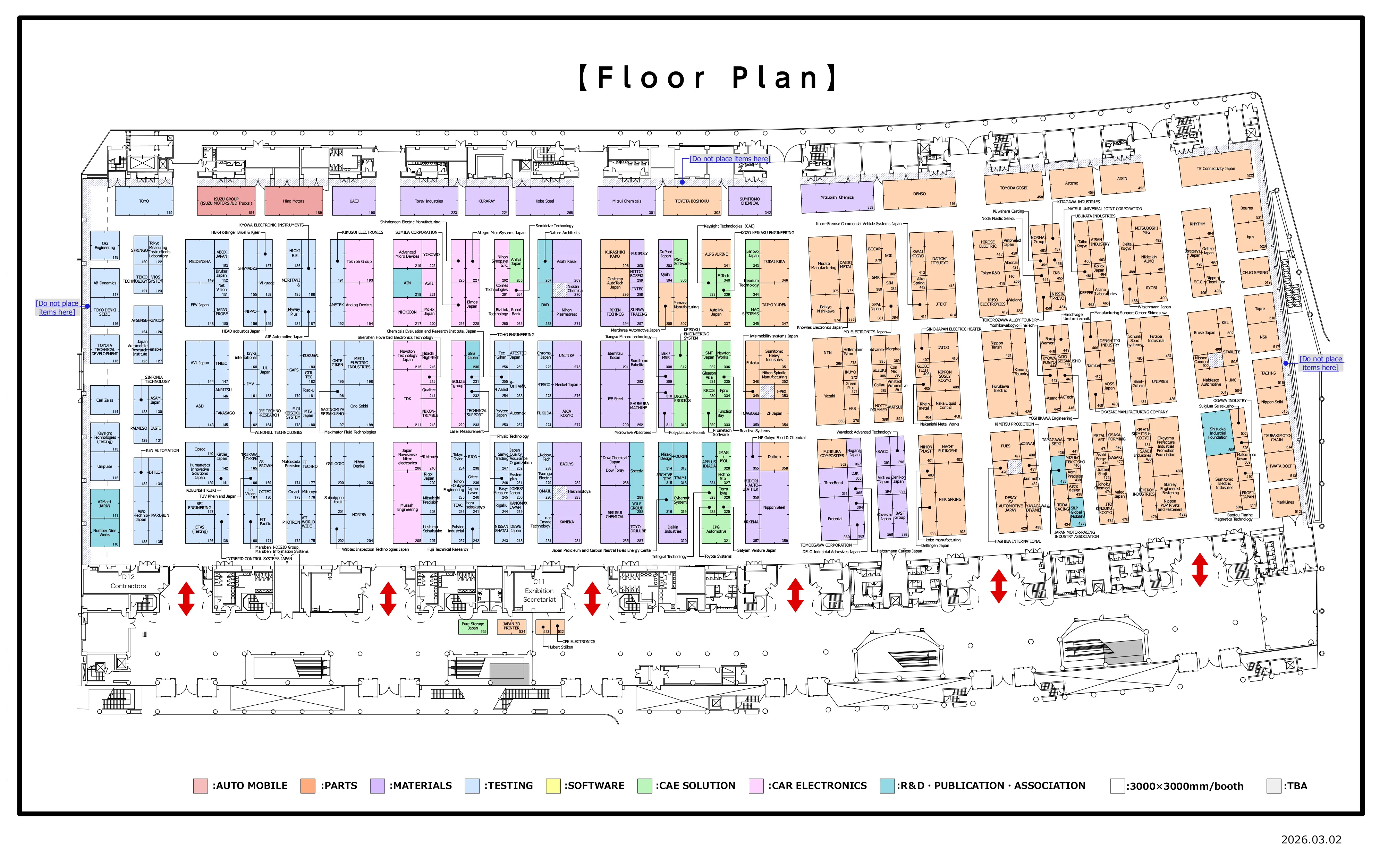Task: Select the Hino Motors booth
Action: coord(294,201)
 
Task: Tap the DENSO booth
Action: coord(919,194)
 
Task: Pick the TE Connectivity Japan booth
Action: coord(1215,169)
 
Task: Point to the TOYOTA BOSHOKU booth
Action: coord(691,201)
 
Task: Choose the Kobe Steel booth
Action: coord(544,201)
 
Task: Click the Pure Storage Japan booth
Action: coord(473,626)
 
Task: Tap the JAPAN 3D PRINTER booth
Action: coord(511,626)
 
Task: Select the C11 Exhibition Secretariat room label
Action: coord(539,591)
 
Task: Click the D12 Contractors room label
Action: coord(128,582)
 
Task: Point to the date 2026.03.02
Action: coord(1311,840)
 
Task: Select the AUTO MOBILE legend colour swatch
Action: coord(200,786)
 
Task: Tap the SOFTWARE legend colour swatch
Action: coord(553,786)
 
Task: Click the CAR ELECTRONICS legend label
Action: coord(817,786)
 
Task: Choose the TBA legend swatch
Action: coord(1274,786)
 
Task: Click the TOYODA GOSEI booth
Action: coord(1014,188)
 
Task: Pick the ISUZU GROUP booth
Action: coord(226,201)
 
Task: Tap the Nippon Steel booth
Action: coord(774,507)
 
